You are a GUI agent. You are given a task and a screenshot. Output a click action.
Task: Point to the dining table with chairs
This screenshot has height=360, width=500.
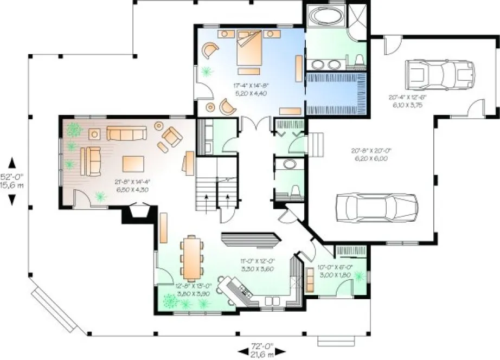191,256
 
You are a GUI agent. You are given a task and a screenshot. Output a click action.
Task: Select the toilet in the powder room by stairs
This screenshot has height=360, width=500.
295,189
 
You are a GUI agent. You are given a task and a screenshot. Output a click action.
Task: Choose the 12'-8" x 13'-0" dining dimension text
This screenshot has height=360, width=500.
191,289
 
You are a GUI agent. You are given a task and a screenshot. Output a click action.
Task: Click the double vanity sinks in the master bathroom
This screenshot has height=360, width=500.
326,65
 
